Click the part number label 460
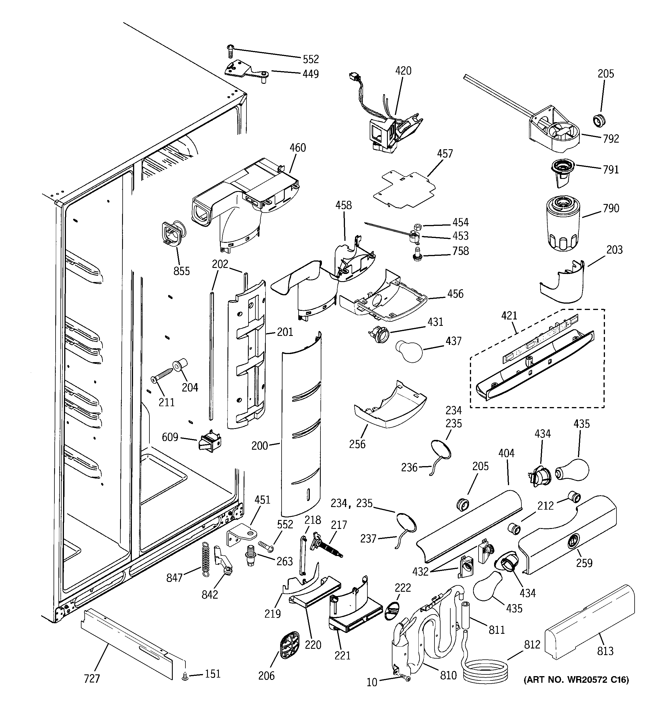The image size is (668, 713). (x=298, y=148)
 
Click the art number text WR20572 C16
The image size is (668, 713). (x=576, y=680)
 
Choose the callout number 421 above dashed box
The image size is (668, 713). (x=509, y=316)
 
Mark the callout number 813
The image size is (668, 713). (x=605, y=650)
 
